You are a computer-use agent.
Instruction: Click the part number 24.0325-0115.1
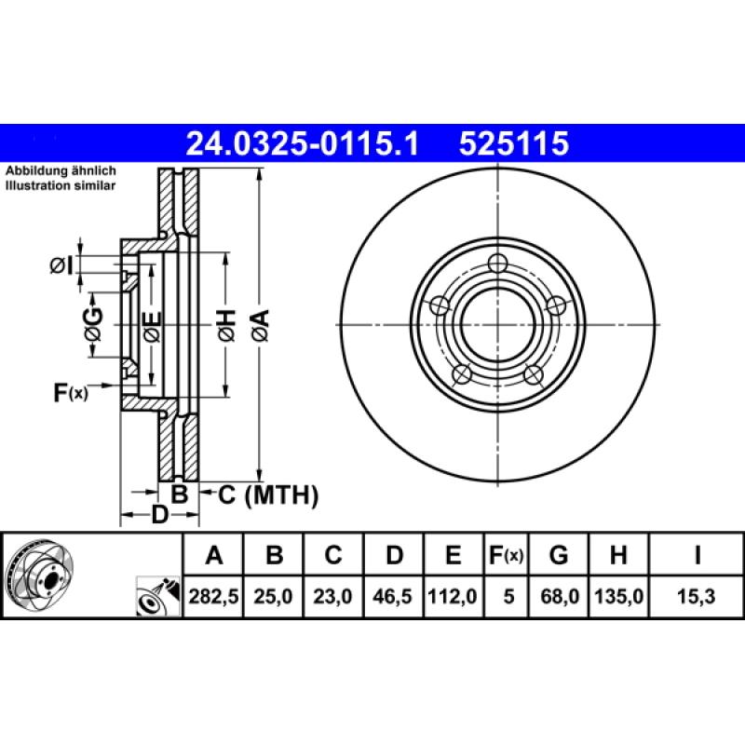304,144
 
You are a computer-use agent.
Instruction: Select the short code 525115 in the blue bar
511,144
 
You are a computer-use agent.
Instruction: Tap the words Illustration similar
61,186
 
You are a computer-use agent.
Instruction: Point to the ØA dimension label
260,325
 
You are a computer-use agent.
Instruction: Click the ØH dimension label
225,325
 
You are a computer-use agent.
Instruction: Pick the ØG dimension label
92,325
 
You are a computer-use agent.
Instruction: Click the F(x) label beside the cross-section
70,394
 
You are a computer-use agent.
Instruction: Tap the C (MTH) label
268,495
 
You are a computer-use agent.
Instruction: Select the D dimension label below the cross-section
159,515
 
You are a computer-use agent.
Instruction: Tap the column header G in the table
558,556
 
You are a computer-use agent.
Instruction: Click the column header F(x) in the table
507,556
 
